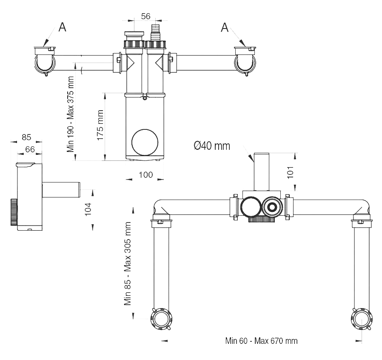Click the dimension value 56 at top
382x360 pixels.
pos(145,16)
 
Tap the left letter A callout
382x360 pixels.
pos(62,27)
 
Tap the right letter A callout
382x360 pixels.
pos(225,27)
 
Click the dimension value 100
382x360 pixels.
pos(145,175)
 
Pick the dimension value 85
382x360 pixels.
pos(26,137)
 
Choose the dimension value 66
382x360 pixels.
pos(30,149)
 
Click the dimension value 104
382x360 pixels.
pos(88,209)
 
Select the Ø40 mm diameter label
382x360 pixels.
pos(211,146)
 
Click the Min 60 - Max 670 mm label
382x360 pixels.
pos(262,341)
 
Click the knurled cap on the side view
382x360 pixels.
pos(14,211)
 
